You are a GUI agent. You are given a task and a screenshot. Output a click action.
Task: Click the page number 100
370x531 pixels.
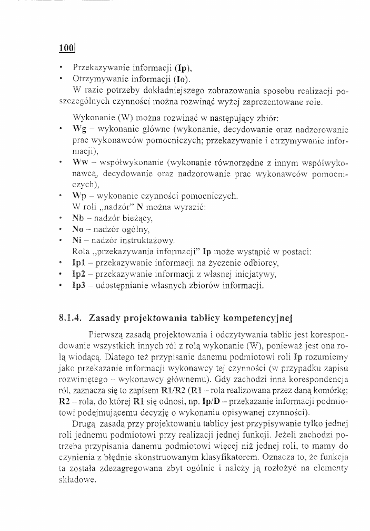coord(67,49)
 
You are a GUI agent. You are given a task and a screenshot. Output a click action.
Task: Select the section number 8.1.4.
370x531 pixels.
coord(71,318)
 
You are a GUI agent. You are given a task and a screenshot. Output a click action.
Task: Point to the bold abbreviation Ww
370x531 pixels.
coord(79,163)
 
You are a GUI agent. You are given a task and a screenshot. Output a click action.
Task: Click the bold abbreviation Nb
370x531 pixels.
coord(78,218)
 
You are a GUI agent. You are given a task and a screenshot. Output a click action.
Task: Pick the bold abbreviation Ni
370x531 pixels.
coord(77,240)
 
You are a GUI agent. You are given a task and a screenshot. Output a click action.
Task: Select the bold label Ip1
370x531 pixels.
coord(78,263)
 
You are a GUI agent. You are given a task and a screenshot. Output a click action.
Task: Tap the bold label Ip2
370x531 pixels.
coord(78,274)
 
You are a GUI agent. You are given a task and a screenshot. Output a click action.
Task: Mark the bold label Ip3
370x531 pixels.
coord(78,286)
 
